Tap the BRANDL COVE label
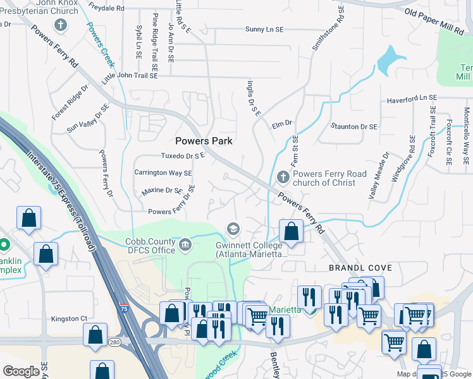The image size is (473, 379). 355,268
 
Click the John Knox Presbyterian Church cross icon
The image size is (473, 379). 60,26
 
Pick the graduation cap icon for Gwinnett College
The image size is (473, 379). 233,228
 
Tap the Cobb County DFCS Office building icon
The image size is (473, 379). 185,244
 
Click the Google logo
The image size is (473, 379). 21,371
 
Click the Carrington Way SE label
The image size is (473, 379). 163,172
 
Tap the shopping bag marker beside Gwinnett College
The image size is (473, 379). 291,232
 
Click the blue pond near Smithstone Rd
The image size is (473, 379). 389,61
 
